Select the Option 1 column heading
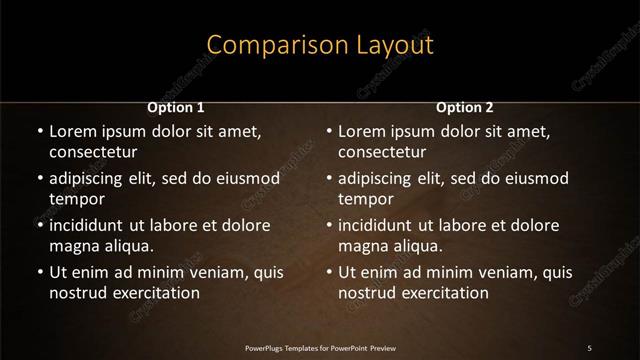pyautogui.click(x=176, y=107)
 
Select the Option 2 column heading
pyautogui.click(x=465, y=107)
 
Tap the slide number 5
pyautogui.click(x=590, y=347)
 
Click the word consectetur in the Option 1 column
pyautogui.click(x=93, y=152)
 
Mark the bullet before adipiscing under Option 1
pyautogui.click(x=39, y=179)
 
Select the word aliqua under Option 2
pyautogui.click(x=417, y=246)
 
